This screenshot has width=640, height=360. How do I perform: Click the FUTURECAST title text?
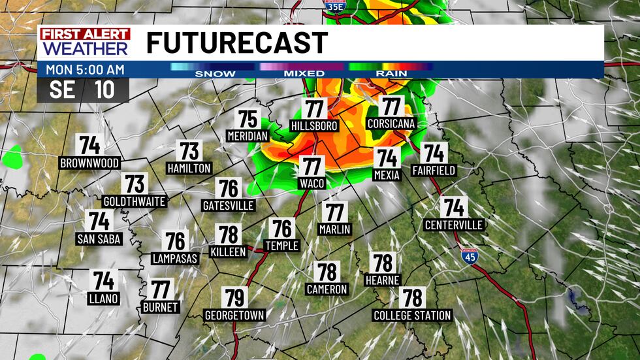tap(236, 43)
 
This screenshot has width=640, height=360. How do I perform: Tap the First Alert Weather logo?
tap(86, 42)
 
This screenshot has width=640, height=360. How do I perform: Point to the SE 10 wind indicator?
tap(82, 90)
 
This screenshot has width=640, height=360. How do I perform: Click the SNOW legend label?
tap(215, 74)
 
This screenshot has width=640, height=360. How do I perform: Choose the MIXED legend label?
tap(304, 74)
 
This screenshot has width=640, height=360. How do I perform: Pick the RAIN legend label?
tap(391, 74)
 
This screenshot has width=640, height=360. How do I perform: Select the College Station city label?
tap(412, 316)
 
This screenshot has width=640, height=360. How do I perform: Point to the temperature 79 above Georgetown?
tap(234, 298)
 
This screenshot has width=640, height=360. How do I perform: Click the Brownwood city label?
tap(89, 163)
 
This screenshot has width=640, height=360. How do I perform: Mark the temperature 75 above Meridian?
tap(248, 119)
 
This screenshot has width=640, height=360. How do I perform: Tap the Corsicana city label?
tap(391, 123)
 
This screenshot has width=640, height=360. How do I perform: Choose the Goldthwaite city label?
tap(135, 201)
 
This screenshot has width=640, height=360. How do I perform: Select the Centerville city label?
tap(453, 225)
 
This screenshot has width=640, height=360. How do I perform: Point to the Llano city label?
tap(103, 299)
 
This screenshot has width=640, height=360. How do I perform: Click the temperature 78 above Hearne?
tap(383, 263)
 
